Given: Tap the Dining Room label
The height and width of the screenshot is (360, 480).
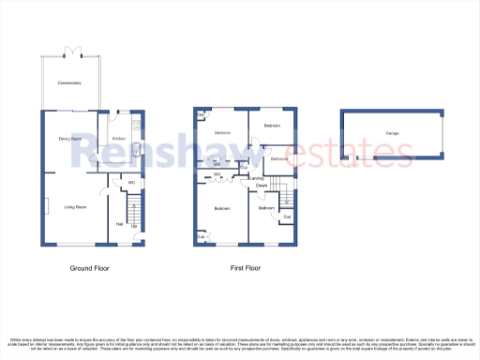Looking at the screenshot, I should pyautogui.click(x=70, y=140).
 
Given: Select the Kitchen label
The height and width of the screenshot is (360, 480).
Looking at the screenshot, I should pyautogui.click(x=119, y=140).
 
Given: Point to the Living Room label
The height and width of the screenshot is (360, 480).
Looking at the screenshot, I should pyautogui.click(x=75, y=207).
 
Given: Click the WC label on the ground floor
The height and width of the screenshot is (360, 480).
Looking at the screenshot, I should pyautogui.click(x=132, y=182).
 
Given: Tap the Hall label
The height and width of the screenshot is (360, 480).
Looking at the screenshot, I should pyautogui.click(x=119, y=224).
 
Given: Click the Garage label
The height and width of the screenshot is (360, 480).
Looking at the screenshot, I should pyautogui.click(x=392, y=133).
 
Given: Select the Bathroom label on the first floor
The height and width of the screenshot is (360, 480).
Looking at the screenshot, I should pyautogui.click(x=278, y=159).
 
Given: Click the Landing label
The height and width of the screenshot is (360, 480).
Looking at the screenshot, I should pyautogui.click(x=256, y=178).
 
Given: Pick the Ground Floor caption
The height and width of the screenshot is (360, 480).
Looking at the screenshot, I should pyautogui.click(x=91, y=268).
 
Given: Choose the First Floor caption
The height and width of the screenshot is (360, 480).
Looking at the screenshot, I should pyautogui.click(x=246, y=268).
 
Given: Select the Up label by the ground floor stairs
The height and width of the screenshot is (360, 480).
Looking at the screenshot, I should pyautogui.click(x=134, y=226).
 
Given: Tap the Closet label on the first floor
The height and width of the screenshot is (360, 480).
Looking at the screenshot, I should pyautogui.click(x=261, y=186).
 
